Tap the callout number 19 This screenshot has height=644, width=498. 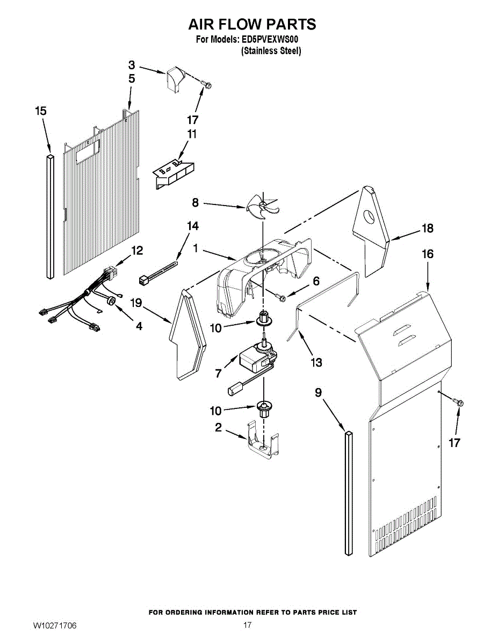click(136, 303)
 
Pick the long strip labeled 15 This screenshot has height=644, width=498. click(50, 216)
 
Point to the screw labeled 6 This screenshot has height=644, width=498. click(280, 297)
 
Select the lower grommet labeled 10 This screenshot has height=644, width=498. click(263, 409)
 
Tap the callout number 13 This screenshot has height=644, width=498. click(316, 362)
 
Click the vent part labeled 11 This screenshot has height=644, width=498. click(173, 175)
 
